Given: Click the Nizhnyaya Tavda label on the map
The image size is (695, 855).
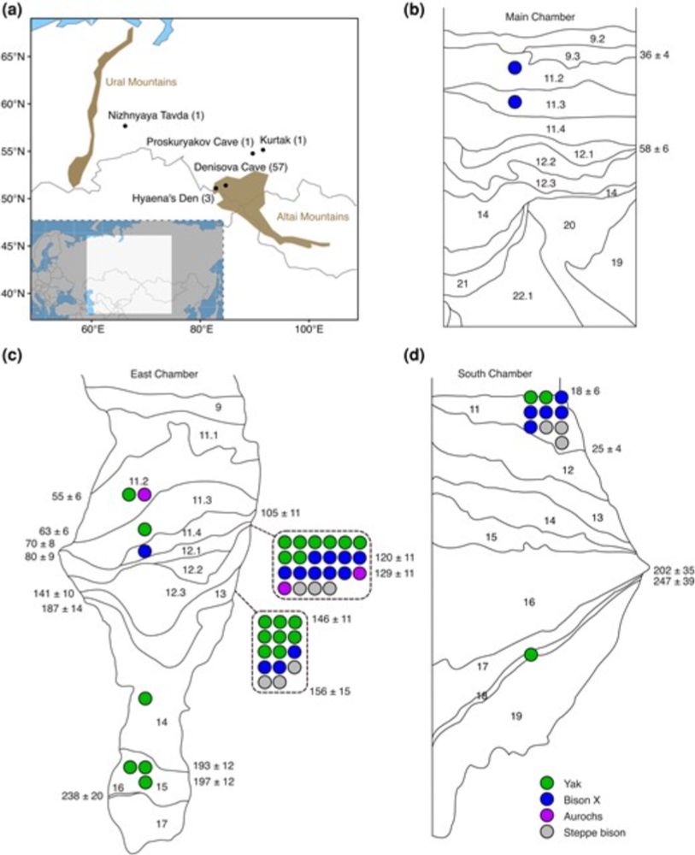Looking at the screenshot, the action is point(156,115).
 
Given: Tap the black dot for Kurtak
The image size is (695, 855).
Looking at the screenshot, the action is point(262,150).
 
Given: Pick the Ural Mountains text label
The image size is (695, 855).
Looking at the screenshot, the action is point(141,82).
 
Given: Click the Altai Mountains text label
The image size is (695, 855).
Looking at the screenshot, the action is point(312,216).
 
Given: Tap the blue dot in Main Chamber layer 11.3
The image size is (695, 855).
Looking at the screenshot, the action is point(515,102).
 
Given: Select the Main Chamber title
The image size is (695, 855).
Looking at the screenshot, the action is point(539,17).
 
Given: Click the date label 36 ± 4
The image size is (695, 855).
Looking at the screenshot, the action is point(654,55).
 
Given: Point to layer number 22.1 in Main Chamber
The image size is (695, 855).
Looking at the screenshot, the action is point(523,296).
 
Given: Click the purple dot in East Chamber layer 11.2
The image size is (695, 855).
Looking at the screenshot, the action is point(144,494).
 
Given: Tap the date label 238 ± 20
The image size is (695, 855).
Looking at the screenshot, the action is point(82,796).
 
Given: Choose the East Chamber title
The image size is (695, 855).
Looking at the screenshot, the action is point(164,374).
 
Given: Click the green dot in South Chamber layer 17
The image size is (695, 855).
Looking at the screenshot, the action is point(530,655).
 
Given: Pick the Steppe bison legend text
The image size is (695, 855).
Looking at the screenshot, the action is point(595,833).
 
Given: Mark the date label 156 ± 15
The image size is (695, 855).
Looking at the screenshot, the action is point(330,692).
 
